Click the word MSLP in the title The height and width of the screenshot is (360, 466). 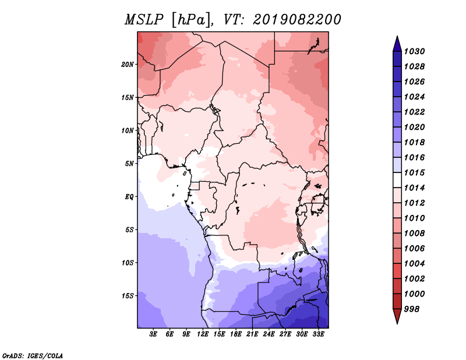143,20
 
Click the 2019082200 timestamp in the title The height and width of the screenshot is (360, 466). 297,20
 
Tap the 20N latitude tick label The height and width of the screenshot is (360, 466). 128,65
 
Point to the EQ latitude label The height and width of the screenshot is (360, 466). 129,197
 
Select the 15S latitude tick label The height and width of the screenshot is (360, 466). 128,296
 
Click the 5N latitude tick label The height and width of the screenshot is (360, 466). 129,164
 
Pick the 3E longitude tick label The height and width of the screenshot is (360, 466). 153,334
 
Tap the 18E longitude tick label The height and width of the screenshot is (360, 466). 236,334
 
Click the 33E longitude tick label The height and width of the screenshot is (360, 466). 318,334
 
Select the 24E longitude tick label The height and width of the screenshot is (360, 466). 269,334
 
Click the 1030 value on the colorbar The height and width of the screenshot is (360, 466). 415,51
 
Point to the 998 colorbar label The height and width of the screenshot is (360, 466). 412,309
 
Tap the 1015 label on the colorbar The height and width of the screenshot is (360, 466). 415,172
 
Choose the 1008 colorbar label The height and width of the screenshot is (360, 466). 415,234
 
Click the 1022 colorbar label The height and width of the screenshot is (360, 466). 415,112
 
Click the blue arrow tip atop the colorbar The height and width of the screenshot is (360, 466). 397,37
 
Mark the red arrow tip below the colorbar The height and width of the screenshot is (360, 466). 397,323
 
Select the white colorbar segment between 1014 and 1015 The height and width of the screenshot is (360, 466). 397,180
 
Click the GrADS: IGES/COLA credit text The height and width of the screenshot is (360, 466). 33,355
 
